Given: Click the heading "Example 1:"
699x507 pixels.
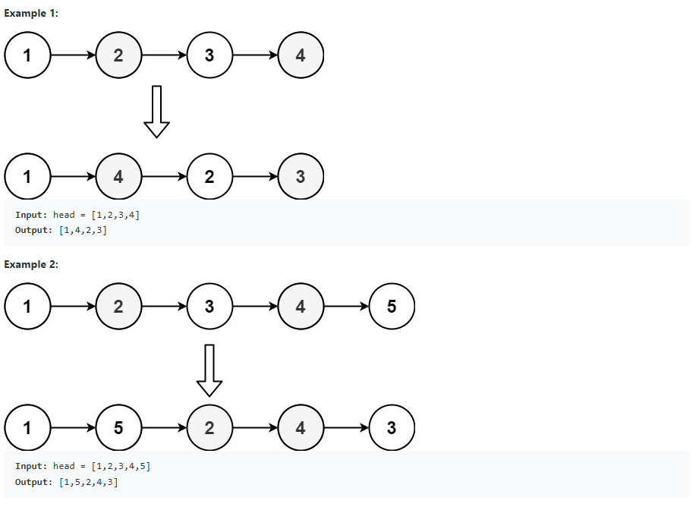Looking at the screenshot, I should [x=31, y=13].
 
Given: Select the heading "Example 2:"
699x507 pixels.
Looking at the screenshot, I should [x=31, y=264].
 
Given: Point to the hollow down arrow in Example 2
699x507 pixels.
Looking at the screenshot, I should [x=209, y=370].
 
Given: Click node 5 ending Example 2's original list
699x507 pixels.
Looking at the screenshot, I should [x=392, y=307].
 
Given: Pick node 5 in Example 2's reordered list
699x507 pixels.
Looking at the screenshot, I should [x=118, y=428].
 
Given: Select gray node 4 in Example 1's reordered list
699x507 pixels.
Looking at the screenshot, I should [x=118, y=177].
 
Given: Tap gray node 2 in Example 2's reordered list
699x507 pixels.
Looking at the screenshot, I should [x=209, y=428].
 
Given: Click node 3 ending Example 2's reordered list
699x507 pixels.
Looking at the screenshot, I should [x=392, y=428].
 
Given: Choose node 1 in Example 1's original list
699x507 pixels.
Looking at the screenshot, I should [x=27, y=55].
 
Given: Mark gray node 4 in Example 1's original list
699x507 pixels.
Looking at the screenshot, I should [x=301, y=55].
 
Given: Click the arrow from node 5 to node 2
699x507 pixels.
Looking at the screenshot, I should [x=164, y=428].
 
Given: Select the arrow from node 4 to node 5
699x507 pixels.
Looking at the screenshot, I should [x=346, y=307].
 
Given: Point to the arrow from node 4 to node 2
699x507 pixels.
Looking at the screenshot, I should [x=164, y=177].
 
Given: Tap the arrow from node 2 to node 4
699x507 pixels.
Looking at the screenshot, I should [x=255, y=428].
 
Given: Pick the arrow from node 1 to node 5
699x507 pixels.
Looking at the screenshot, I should [x=73, y=428].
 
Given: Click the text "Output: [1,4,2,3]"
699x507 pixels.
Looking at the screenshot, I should [x=61, y=230].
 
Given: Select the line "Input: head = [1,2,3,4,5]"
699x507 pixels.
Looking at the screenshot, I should [x=83, y=466].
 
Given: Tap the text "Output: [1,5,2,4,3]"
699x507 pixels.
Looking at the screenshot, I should [x=66, y=482].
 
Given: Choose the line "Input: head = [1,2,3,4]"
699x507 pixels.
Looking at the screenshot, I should [x=77, y=215].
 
